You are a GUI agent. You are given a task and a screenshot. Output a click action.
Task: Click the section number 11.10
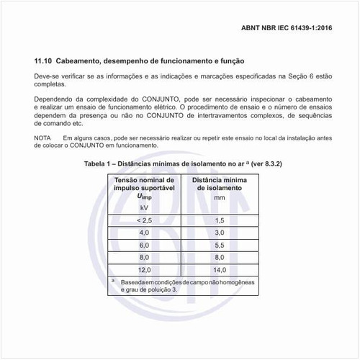click(45, 61)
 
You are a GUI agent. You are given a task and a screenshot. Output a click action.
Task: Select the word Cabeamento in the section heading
click(88, 61)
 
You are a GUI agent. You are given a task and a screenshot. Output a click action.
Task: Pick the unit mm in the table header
click(220, 197)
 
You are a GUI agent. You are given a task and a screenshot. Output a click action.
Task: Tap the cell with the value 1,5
click(220, 220)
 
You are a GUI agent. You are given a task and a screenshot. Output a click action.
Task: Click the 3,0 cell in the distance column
click(220, 233)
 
